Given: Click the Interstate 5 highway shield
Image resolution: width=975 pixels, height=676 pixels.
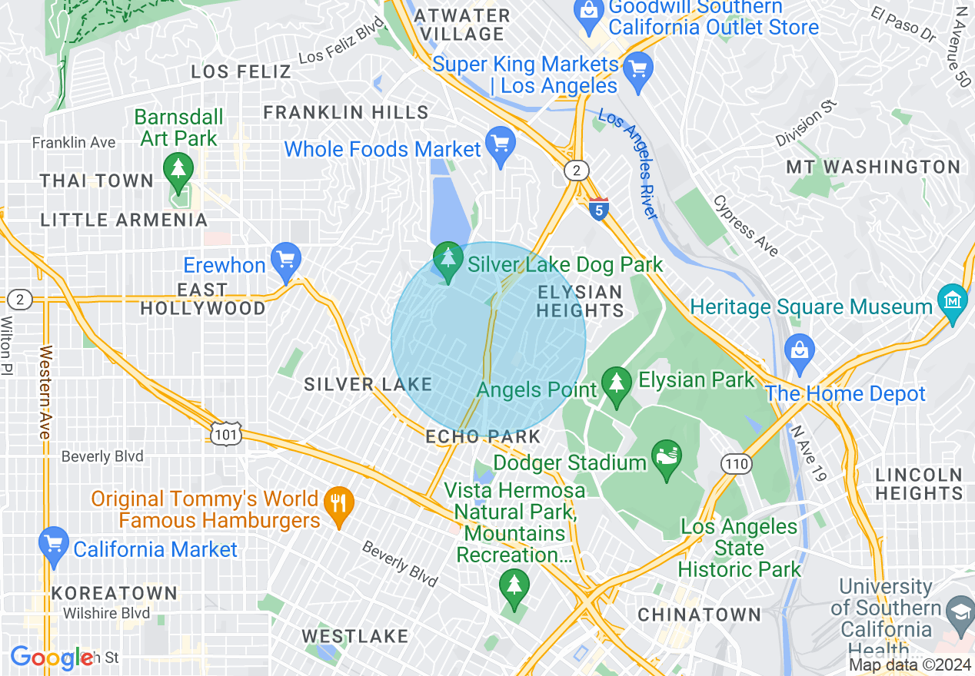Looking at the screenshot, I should coord(599,208).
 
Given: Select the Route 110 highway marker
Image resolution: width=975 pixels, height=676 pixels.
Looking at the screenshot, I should coord(736,462).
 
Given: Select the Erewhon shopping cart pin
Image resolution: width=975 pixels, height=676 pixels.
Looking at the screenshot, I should coord(286,260).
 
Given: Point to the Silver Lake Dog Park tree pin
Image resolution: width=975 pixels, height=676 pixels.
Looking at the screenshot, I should coord(448,260).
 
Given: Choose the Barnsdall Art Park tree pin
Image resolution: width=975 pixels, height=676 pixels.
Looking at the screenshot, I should coord(178,171).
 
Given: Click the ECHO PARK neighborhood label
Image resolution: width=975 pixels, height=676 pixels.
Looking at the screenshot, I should coord(484,436).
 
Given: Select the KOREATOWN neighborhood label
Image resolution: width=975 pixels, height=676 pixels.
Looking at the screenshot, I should coord(115,594).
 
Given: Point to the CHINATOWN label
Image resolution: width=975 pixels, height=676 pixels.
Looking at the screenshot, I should coord(699,615).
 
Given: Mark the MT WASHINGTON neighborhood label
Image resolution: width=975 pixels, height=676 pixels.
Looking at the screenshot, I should coord(873,167).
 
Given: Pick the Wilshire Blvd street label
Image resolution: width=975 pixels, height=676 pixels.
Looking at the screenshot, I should coord(106,613).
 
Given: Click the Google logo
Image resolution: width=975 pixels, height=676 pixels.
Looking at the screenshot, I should coord(52,658).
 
